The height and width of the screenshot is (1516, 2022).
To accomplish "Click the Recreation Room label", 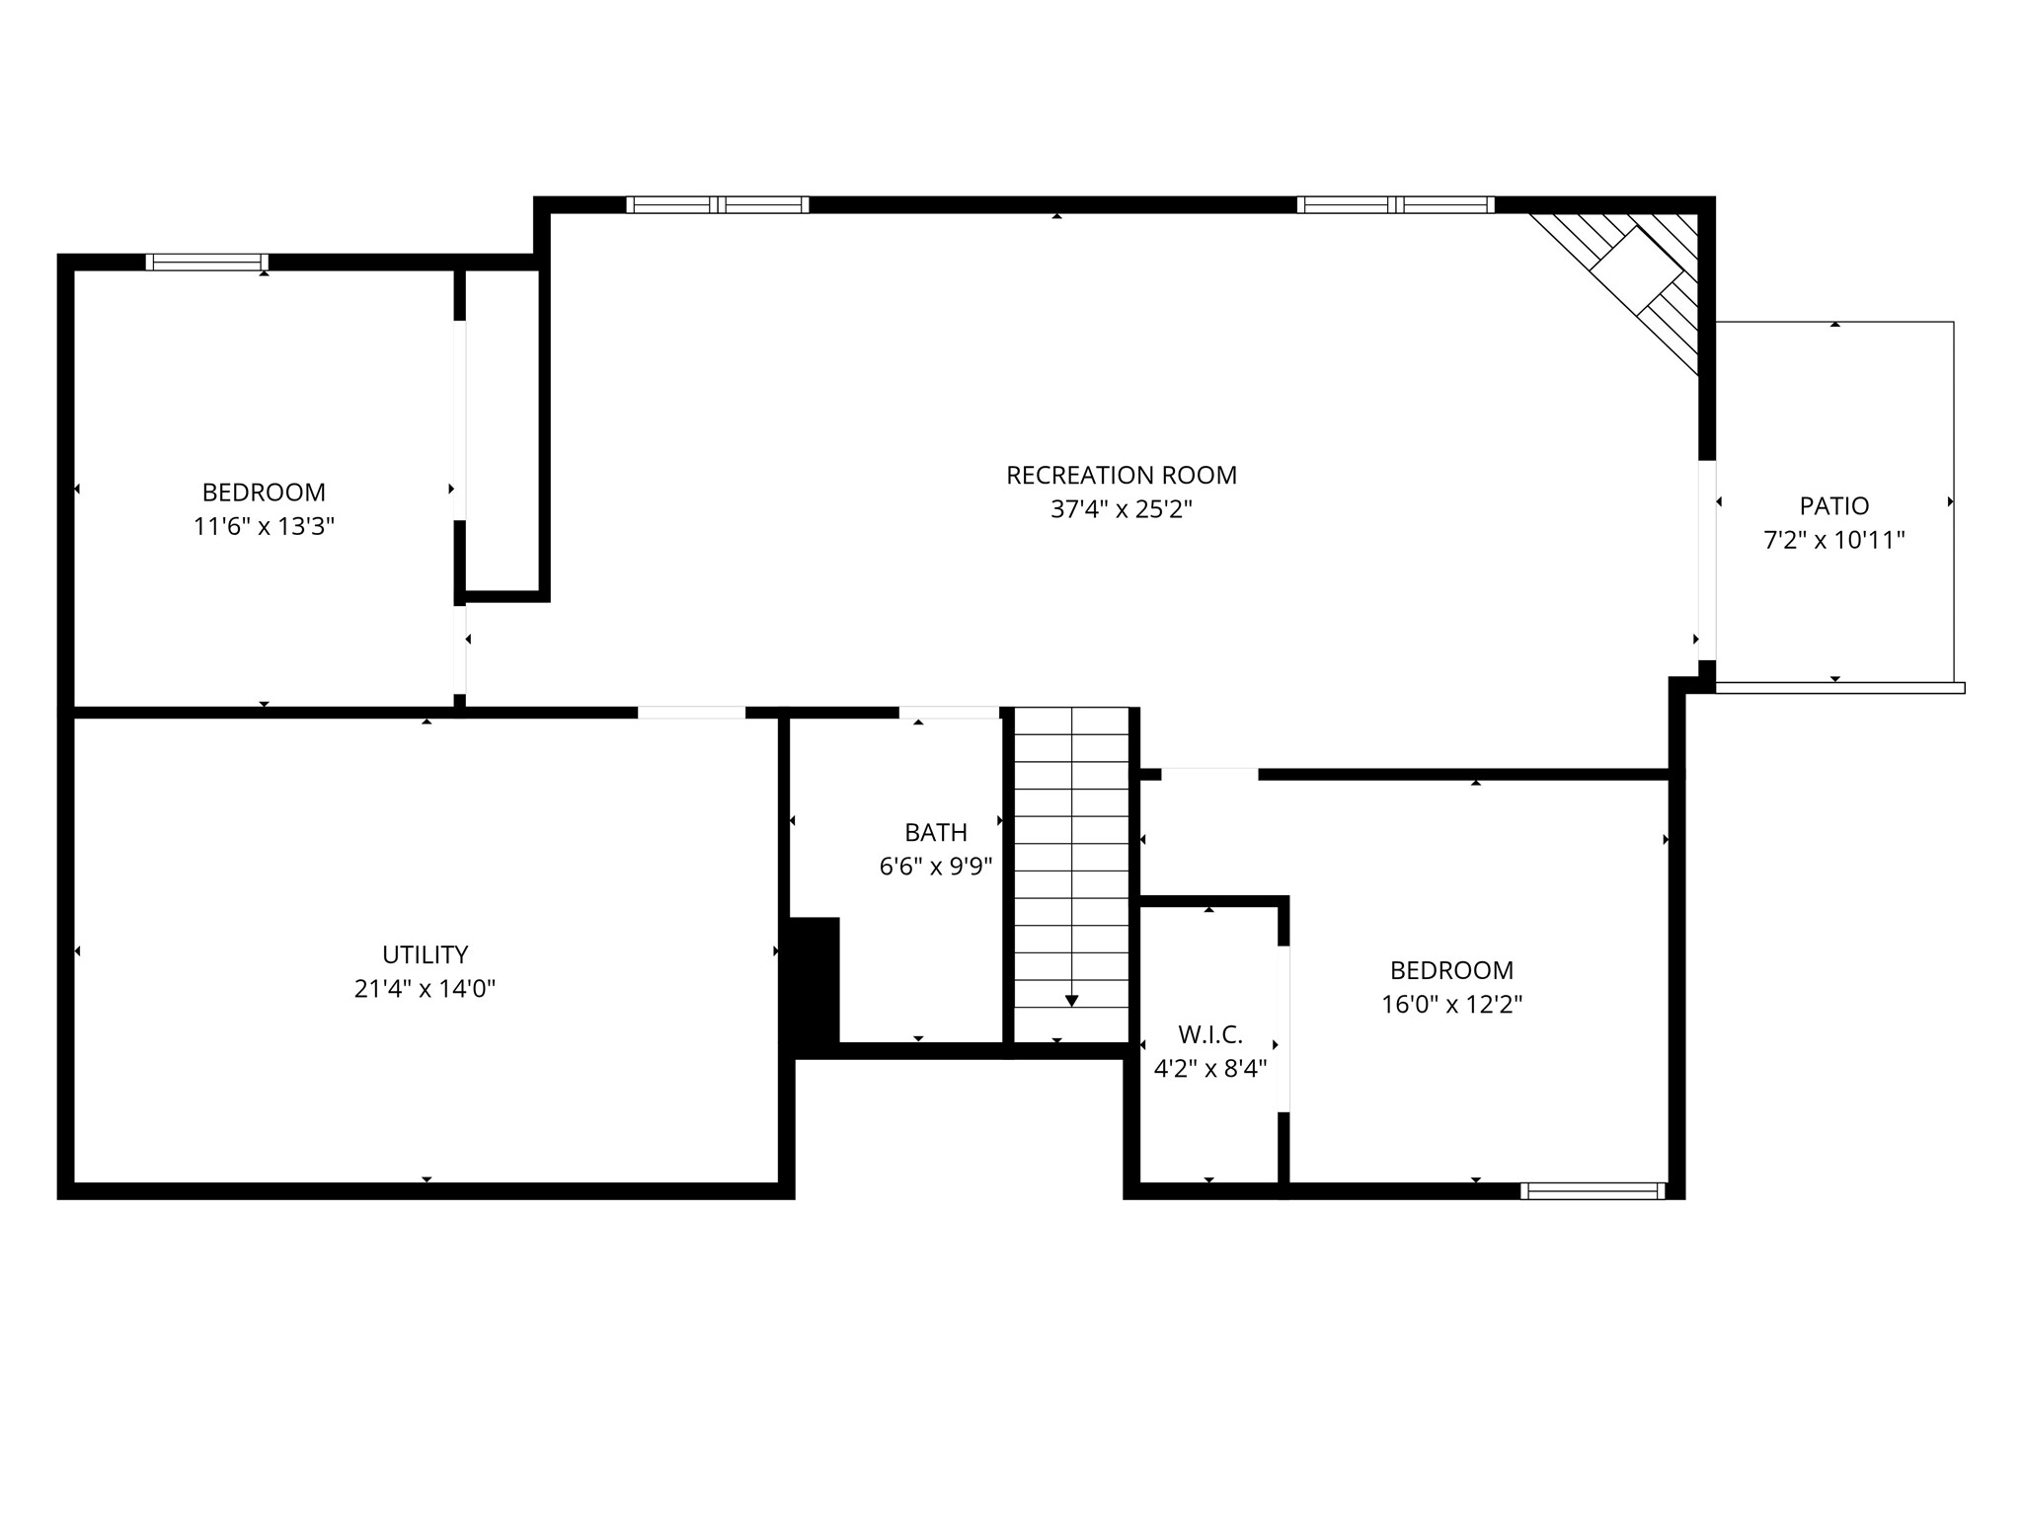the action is pyautogui.click(x=1121, y=476).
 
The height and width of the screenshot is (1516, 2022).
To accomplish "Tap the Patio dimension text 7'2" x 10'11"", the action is pyautogui.click(x=1833, y=541).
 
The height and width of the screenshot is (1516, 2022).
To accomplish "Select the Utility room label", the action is pyautogui.click(x=425, y=954).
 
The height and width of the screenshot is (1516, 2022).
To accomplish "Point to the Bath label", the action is pyautogui.click(x=935, y=832).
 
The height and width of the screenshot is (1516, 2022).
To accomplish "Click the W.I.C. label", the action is pyautogui.click(x=1209, y=1034).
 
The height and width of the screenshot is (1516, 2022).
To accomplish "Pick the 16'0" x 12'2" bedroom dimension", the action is pyautogui.click(x=1451, y=1005).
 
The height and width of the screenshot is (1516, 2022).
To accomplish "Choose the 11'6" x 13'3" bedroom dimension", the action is pyautogui.click(x=264, y=526).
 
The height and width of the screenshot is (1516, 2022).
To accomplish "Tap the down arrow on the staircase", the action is pyautogui.click(x=1071, y=1001).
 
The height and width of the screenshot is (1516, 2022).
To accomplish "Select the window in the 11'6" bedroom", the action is pyautogui.click(x=207, y=262).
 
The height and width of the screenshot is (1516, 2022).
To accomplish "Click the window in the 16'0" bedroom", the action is pyautogui.click(x=1593, y=1191).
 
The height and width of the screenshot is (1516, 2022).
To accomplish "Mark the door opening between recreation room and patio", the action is pyautogui.click(x=1707, y=561).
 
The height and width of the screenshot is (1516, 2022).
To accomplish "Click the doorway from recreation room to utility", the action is pyautogui.click(x=691, y=713).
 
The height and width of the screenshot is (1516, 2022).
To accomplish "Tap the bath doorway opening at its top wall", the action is pyautogui.click(x=949, y=713).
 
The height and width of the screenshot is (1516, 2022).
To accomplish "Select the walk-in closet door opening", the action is pyautogui.click(x=1283, y=1029).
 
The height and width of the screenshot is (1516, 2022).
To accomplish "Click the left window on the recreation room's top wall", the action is pyautogui.click(x=718, y=205).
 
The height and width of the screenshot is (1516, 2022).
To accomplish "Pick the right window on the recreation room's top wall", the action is pyautogui.click(x=1396, y=205).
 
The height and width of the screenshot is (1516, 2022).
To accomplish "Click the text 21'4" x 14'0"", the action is pyautogui.click(x=425, y=989).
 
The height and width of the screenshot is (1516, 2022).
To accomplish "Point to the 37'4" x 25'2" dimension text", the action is pyautogui.click(x=1122, y=510).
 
